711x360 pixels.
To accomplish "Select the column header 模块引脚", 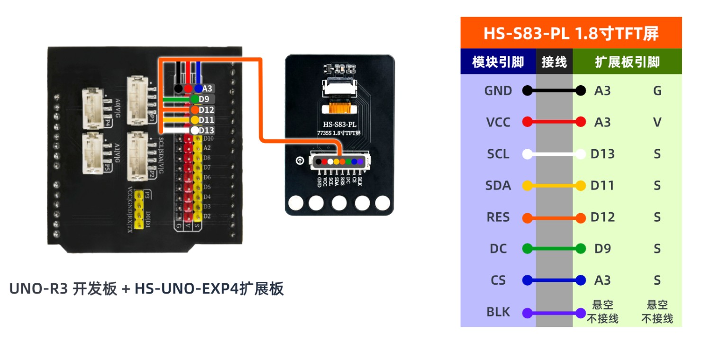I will [498, 62].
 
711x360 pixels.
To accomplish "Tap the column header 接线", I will [554, 62].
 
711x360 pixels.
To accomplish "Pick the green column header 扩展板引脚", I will [627, 62].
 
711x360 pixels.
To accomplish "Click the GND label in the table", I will [498, 91].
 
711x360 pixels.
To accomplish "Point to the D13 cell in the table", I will [602, 154].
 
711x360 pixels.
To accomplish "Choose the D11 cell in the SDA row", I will [602, 186].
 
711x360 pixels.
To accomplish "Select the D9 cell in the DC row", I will [602, 249].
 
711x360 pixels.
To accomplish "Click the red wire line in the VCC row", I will [554, 122].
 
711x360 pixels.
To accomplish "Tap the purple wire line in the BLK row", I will [554, 313].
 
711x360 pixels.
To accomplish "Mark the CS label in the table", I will [498, 280].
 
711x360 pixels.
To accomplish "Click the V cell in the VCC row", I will [657, 122].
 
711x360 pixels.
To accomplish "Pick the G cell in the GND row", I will [657, 91].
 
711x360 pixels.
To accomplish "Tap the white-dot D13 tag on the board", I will [203, 130].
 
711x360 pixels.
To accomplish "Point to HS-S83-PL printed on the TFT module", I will [339, 125].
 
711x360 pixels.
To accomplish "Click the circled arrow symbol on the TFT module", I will [300, 161].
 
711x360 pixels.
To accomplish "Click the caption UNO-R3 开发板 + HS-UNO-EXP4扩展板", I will [147, 288].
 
